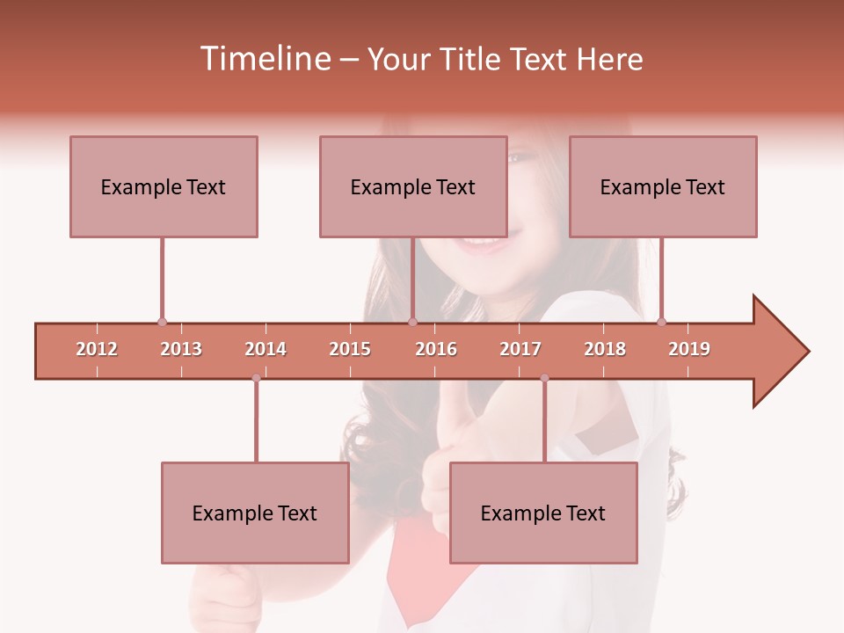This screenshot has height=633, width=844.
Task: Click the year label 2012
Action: [97, 349]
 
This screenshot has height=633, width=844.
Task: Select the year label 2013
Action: [181, 349]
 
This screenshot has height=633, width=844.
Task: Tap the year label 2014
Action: [266, 349]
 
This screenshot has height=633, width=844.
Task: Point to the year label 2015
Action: [350, 349]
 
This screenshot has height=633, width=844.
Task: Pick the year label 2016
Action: [436, 349]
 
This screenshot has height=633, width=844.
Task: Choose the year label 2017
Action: [520, 349]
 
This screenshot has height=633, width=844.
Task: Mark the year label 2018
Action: [605, 349]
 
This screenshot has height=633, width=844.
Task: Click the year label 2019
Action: [689, 349]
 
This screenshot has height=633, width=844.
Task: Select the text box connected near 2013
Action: [164, 186]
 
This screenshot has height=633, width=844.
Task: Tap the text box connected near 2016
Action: [413, 186]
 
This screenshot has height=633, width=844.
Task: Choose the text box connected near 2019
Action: [663, 186]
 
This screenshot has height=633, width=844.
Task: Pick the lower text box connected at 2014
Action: [255, 513]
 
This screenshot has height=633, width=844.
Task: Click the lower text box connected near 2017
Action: [543, 513]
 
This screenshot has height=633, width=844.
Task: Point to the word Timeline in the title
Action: [263, 59]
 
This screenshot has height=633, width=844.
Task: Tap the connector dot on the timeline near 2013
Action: [162, 323]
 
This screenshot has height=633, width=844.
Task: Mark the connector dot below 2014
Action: [256, 378]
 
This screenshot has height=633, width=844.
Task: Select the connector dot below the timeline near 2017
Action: [544, 378]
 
